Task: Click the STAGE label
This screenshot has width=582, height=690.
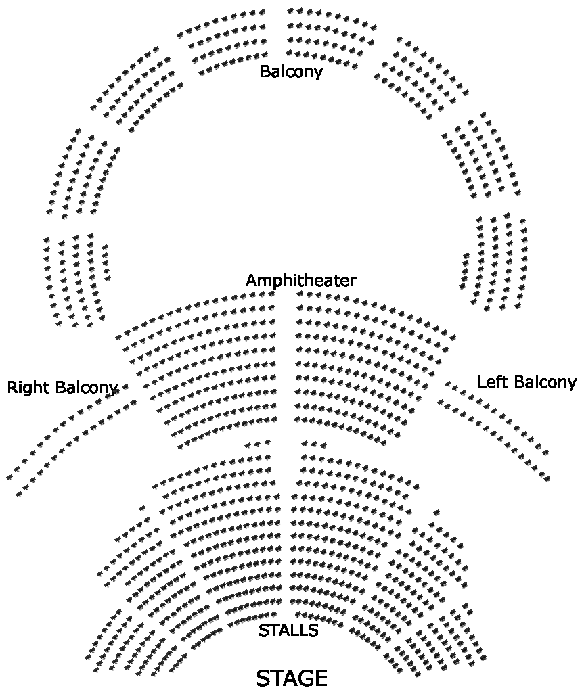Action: [x=292, y=678]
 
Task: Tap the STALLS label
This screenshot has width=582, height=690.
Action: [x=288, y=630]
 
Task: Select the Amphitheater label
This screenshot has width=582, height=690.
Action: [x=300, y=280]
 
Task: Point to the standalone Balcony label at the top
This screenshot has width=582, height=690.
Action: [x=291, y=71]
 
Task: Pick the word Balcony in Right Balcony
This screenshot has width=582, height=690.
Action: [x=87, y=388]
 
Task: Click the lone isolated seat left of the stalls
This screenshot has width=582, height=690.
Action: [x=142, y=508]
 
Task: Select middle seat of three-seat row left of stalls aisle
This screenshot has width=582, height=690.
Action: [x=257, y=444]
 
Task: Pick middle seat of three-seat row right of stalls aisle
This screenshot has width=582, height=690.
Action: [x=314, y=444]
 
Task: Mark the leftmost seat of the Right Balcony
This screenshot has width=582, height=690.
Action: [x=9, y=477]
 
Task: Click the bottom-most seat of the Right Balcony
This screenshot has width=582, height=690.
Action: [x=20, y=492]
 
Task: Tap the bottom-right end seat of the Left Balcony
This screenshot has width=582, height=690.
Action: [x=546, y=478]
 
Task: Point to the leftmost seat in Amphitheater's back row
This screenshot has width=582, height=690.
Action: [x=119, y=336]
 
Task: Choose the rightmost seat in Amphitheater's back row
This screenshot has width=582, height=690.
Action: [x=452, y=333]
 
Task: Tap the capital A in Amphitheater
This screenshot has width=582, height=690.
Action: [x=251, y=280]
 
